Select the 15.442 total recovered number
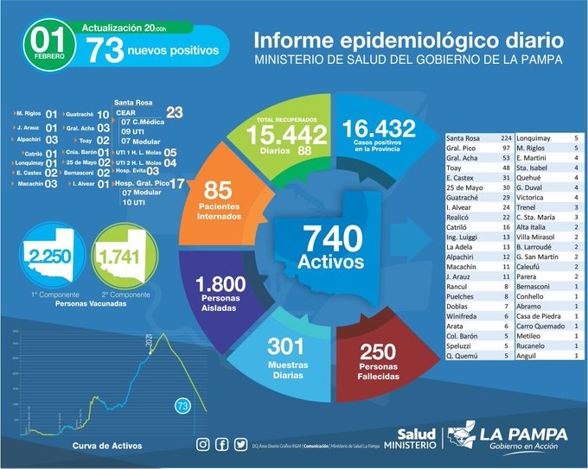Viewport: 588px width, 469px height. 285,134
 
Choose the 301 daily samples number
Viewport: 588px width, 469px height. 279,346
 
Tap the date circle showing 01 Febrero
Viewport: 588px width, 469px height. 48,43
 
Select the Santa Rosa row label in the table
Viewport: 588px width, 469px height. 463,138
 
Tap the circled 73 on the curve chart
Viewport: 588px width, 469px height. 182,405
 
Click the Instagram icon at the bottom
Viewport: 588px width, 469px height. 203,444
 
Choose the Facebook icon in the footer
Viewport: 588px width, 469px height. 220,444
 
